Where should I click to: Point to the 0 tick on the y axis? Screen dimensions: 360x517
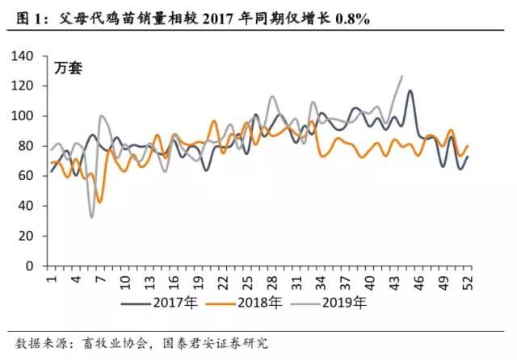click(x=36, y=266)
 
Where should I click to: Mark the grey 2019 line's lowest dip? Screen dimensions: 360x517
click(x=92, y=216)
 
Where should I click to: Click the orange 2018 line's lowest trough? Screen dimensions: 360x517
click(x=99, y=202)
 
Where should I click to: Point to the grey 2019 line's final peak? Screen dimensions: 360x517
click(x=402, y=76)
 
